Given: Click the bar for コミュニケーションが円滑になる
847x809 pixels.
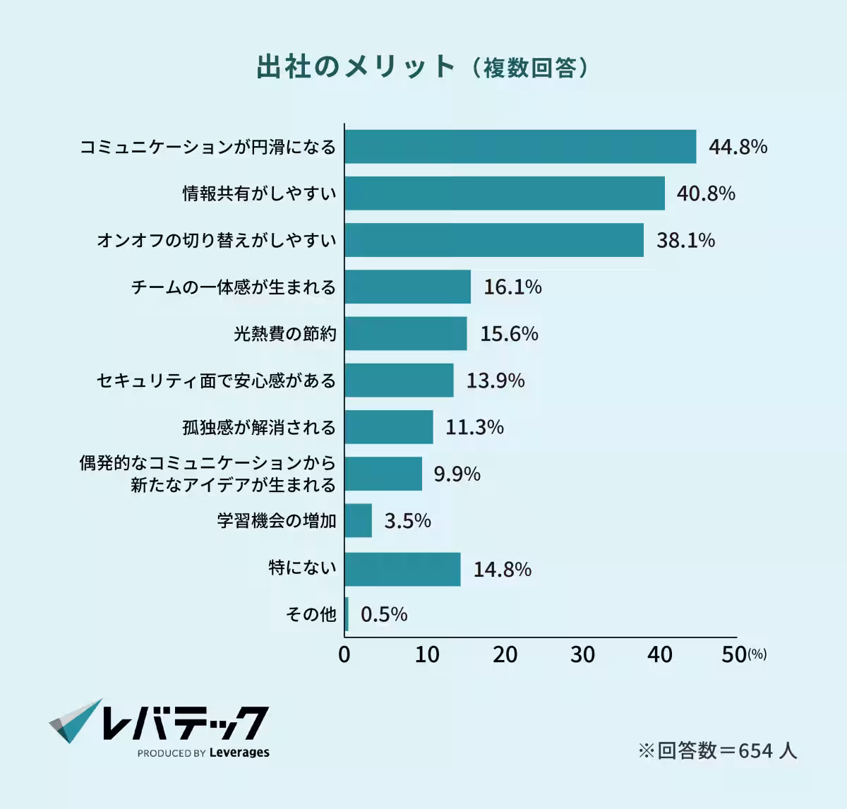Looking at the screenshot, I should click(x=520, y=147).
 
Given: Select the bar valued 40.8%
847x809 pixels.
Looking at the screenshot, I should click(x=505, y=193).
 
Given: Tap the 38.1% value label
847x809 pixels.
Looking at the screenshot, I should click(x=685, y=241).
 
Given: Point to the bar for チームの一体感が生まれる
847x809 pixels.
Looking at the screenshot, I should click(x=408, y=287).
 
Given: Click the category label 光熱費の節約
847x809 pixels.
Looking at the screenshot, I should click(x=285, y=334).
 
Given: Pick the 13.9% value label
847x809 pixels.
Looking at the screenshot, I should click(x=495, y=381).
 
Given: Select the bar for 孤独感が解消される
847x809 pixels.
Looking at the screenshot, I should click(x=389, y=427).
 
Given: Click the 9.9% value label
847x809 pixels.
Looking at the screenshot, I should click(x=457, y=474).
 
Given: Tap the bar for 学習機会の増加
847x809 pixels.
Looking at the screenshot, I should click(x=359, y=521).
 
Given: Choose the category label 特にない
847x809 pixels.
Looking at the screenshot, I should click(x=302, y=568).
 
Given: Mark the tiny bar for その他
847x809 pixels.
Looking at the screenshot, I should click(x=347, y=614).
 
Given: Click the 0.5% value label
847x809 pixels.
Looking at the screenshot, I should click(x=384, y=615).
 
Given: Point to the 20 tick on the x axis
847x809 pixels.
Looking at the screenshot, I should click(x=505, y=655).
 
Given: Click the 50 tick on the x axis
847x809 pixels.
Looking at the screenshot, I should click(x=734, y=655).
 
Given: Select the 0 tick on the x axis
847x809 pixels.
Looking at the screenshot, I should click(x=344, y=655).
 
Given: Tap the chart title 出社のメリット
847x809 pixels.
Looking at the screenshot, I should click(x=356, y=66).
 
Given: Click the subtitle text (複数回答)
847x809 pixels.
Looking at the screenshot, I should click(x=530, y=68).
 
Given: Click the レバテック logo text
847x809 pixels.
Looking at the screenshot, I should click(x=185, y=723).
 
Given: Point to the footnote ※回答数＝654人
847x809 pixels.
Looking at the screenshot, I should click(x=717, y=750).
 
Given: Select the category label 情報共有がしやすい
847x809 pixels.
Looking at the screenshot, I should click(x=260, y=193).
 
